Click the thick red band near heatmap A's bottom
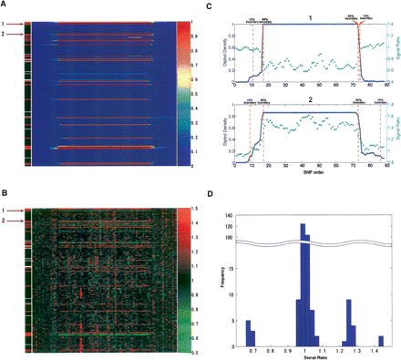tap(105, 147)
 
